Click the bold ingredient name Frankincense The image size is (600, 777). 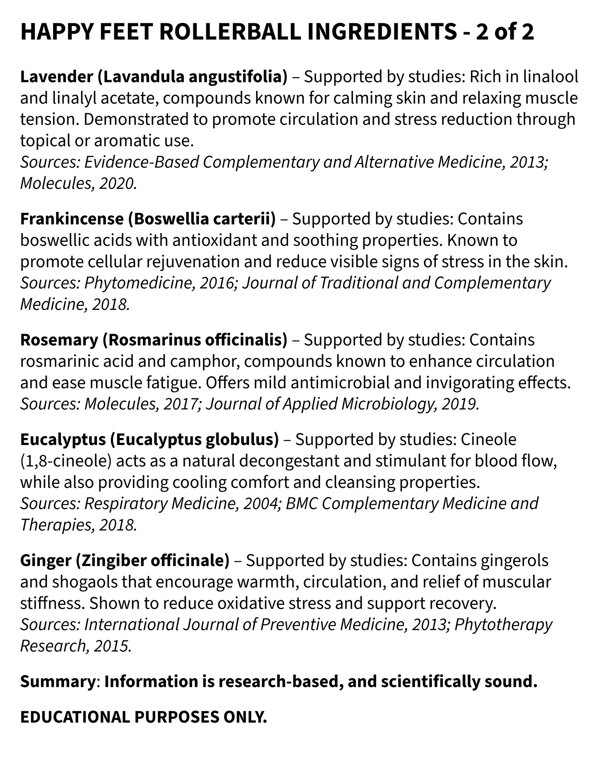[x=71, y=219]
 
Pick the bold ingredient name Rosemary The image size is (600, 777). [x=59, y=340]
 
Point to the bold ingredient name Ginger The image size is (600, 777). [x=45, y=561]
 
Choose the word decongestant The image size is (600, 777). [x=278, y=461]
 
